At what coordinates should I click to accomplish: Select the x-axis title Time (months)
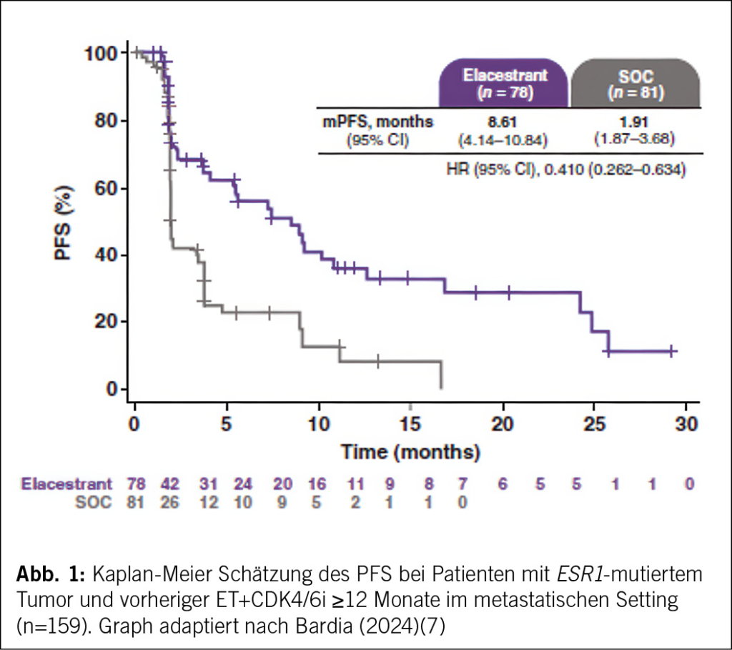coord(410,452)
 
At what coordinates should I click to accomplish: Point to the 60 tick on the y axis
coord(107,188)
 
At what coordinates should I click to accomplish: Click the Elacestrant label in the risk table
coord(66,484)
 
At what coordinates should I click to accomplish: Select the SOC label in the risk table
coord(94,502)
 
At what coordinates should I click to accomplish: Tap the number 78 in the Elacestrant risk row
coord(136,484)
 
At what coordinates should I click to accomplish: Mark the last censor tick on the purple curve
coord(671,351)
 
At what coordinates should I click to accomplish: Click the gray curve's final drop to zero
coord(442,375)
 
